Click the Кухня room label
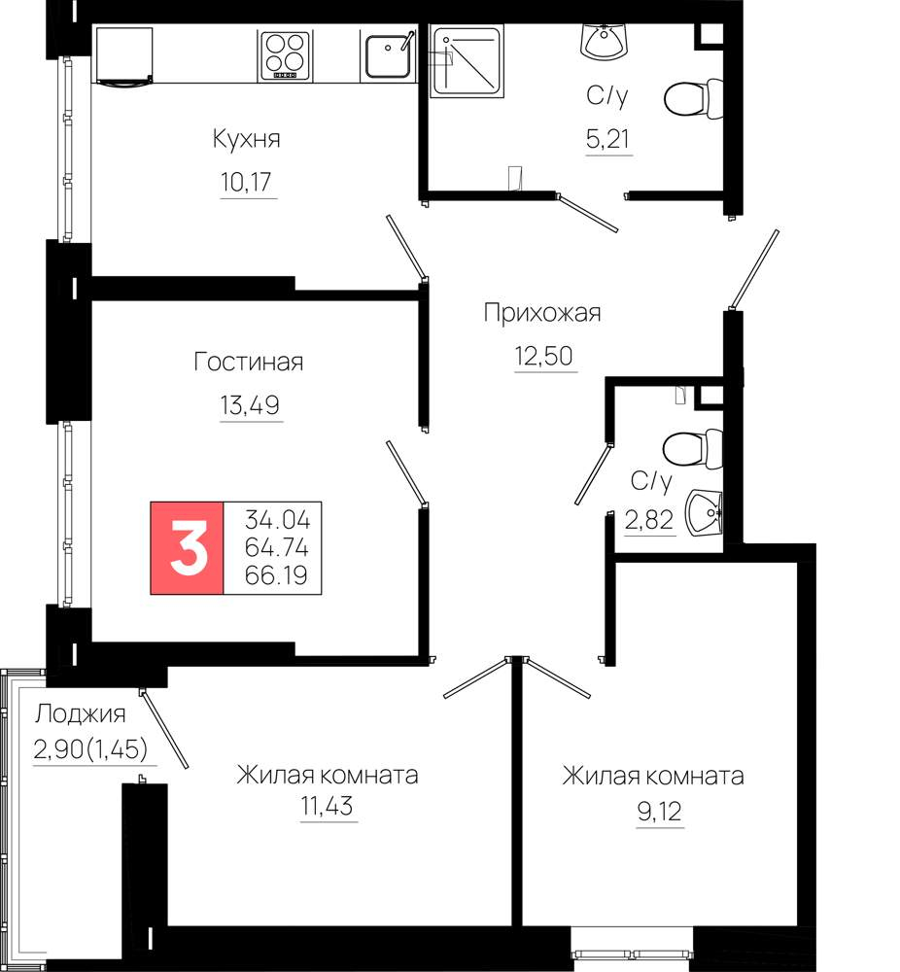tap(246, 139)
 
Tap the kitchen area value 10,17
tap(246, 182)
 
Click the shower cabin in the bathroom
tap(467, 61)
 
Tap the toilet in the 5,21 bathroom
tap(694, 98)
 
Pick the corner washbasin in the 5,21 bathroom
tap(605, 40)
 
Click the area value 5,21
tap(607, 139)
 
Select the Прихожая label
tap(542, 313)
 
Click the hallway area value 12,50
tap(543, 357)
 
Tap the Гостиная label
tap(249, 362)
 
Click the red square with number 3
tap(187, 547)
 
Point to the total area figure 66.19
tap(276, 575)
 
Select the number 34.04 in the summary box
tap(277, 519)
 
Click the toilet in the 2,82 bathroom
tap(692, 448)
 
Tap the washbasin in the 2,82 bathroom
tap(704, 512)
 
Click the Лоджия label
tap(80, 714)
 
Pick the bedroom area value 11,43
tap(327, 806)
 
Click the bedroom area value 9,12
tap(660, 811)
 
